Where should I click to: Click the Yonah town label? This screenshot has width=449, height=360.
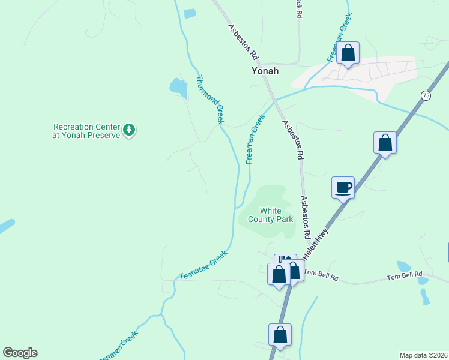tap(265, 70)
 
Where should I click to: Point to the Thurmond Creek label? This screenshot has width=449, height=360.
tap(209, 99)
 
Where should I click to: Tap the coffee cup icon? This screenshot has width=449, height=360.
tap(343, 187)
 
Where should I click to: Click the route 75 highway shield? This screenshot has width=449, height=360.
tap(426, 95)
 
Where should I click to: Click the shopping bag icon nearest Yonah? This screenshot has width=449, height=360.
tap(348, 53)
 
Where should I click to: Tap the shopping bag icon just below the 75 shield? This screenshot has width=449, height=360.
tap(385, 143)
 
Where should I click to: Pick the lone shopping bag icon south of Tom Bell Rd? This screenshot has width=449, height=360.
tap(280, 335)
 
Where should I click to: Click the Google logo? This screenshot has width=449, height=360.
tap(20, 353)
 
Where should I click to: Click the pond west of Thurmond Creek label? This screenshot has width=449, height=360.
tap(178, 88)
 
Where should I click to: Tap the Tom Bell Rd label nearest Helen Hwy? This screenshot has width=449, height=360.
tap(321, 274)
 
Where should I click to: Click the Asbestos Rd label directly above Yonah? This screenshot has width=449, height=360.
tap(243, 41)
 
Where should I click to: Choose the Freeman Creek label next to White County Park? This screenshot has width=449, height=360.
tap(255, 139)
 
